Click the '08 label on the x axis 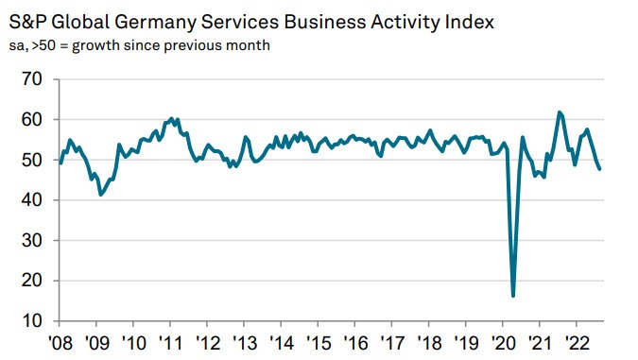[x=60, y=342]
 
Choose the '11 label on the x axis [x=170, y=342]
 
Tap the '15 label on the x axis [x=318, y=342]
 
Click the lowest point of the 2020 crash [x=513, y=296]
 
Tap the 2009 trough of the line [x=101, y=195]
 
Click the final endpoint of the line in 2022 [x=601, y=169]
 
